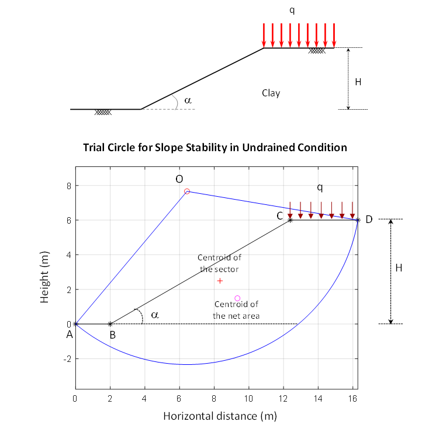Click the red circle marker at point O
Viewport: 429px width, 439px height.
point(187,191)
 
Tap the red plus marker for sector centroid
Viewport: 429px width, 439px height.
point(220,281)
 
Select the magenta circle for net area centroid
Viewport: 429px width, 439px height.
point(237,298)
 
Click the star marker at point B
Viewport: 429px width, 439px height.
point(110,323)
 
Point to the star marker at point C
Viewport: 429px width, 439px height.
point(290,220)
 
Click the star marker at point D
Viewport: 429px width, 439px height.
point(358,220)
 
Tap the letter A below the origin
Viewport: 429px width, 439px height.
point(70,335)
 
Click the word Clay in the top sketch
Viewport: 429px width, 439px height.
point(271,93)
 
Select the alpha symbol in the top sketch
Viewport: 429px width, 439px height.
point(188,100)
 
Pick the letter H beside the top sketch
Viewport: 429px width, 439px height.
point(358,82)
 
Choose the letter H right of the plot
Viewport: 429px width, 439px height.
point(399,268)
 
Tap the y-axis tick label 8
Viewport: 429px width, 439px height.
point(68,186)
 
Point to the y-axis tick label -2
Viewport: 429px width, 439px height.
point(67,358)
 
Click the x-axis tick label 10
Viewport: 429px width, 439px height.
point(249,398)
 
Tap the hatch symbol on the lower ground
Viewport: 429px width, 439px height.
point(103,112)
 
